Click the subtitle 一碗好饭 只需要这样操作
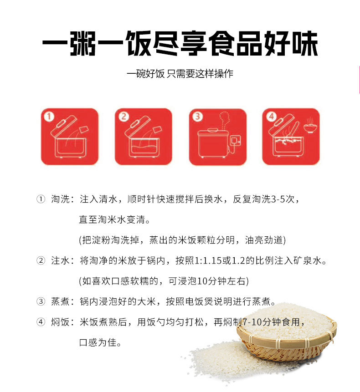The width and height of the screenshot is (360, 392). point(180,74)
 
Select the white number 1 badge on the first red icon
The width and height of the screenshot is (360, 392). point(49,117)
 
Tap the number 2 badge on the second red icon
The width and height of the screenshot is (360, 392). point(123,117)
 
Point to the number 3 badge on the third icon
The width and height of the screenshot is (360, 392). point(198,117)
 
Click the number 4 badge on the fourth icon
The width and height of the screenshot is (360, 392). point(272,117)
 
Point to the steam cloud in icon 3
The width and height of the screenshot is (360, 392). point(224,119)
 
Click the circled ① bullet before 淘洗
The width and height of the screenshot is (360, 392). point(41,199)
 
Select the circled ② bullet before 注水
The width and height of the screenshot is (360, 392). point(41,260)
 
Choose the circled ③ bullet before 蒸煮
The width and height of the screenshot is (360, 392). point(41,301)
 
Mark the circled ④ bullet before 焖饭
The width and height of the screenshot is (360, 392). point(41,322)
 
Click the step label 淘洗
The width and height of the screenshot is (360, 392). point(60,199)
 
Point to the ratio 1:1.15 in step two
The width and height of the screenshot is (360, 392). point(209,261)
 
